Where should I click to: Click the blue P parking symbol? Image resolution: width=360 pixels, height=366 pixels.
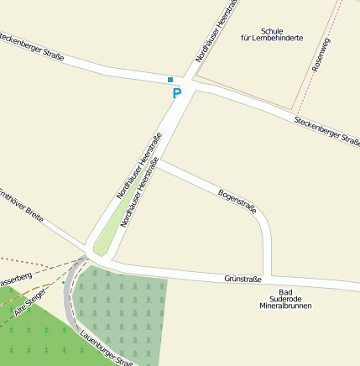(176, 93)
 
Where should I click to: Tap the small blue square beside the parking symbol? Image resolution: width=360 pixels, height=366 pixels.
(170, 80)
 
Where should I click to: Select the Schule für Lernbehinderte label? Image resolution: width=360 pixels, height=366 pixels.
(271, 34)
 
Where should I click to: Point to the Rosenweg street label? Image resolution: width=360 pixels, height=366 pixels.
(321, 53)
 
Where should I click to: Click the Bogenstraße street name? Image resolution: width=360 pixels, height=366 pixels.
(237, 201)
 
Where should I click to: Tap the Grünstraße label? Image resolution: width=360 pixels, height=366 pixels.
(243, 279)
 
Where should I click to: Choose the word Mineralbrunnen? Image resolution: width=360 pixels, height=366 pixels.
(285, 306)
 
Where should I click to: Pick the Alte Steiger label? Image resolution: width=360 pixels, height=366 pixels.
(31, 302)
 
